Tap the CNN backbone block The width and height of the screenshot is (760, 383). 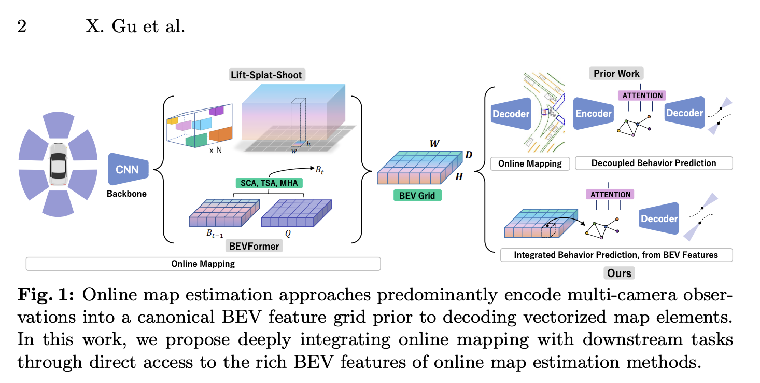[128, 169]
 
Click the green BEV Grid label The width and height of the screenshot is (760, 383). [417, 196]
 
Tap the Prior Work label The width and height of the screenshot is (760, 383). [616, 73]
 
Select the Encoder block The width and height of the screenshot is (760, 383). [594, 113]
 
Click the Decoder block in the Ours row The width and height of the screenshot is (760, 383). [658, 218]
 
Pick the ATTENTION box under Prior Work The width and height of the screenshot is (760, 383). [642, 95]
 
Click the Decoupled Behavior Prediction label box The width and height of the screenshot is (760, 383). [653, 163]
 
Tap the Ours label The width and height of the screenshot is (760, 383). [619, 273]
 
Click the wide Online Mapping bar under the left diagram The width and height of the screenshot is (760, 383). [203, 264]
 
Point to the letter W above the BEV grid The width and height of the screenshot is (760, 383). [434, 144]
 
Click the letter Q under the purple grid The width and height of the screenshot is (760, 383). [288, 234]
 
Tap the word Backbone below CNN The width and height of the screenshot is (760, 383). [126, 194]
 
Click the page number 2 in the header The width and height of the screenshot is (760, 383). [22, 26]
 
